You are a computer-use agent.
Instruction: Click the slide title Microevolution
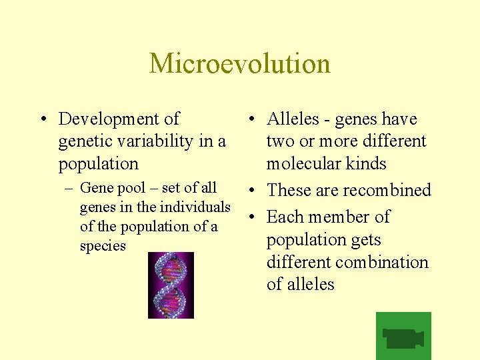pos(239,63)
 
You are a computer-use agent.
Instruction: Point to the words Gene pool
pos(106,188)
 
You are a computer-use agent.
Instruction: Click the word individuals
pos(197,207)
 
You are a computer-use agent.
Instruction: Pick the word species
pos(103,246)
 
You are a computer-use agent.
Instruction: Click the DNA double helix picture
pos(171,285)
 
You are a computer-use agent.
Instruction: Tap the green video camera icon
pos(403,336)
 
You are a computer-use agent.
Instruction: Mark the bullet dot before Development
pos(42,120)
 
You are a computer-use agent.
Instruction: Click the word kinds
pos(366,164)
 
